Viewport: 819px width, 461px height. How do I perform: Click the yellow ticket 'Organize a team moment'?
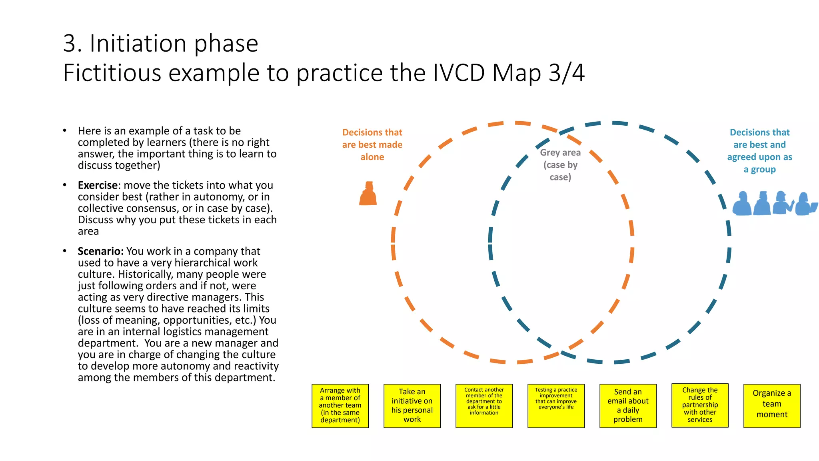click(x=771, y=405)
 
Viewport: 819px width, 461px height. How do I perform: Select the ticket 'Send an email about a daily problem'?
click(x=628, y=405)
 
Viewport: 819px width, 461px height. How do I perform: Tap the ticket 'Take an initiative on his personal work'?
click(x=412, y=405)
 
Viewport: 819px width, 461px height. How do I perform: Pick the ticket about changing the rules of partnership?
click(x=700, y=405)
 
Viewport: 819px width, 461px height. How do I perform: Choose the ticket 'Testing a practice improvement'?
click(x=556, y=405)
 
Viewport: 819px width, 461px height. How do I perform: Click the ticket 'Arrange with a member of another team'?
click(x=340, y=405)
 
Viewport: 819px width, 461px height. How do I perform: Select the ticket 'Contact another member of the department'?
click(x=484, y=405)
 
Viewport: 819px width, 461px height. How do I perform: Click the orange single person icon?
click(x=368, y=194)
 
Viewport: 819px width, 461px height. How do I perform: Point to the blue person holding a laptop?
click(x=805, y=204)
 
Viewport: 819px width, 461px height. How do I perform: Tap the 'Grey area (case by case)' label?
click(x=560, y=165)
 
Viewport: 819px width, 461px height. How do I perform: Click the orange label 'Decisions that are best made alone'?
click(x=372, y=144)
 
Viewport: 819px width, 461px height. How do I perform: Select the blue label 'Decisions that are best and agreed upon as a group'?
click(x=759, y=151)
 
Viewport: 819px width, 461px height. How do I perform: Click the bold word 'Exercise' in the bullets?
click(x=98, y=185)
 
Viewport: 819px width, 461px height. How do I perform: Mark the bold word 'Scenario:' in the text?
click(x=101, y=251)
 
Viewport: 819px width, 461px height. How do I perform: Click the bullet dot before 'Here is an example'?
click(x=64, y=130)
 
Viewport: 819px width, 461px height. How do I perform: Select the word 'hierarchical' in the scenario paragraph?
click(x=206, y=263)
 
